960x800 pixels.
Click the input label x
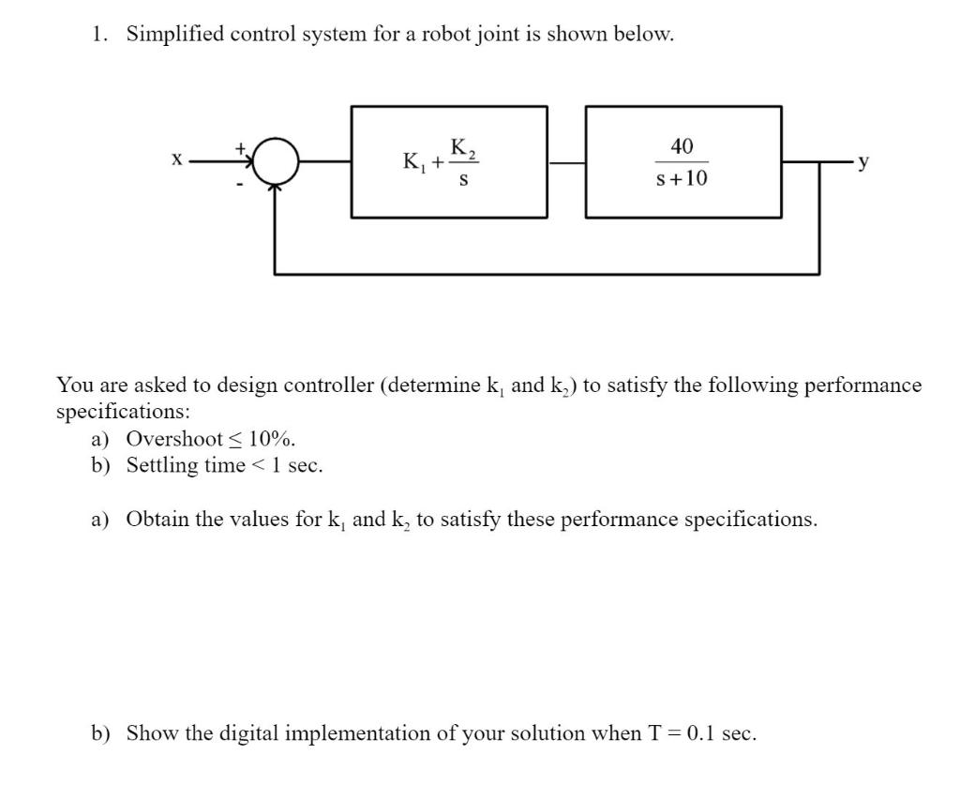176,160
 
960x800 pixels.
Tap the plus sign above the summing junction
240,147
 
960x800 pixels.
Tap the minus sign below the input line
240,185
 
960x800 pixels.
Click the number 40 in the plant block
682,146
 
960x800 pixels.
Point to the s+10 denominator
682,178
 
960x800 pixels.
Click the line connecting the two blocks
566,162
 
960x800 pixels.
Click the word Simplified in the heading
174,35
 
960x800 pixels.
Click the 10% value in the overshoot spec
271,439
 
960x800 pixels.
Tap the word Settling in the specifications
161,465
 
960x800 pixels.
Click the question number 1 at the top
97,35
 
